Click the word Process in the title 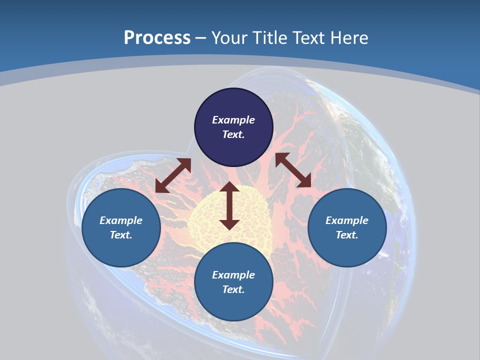tap(157, 37)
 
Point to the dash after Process tap(200, 38)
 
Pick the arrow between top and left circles tap(173, 175)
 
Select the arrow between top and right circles tap(293, 170)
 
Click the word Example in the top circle tap(233, 120)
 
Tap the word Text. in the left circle tap(121, 235)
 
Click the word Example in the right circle tap(347, 220)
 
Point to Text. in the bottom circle tap(233, 289)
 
